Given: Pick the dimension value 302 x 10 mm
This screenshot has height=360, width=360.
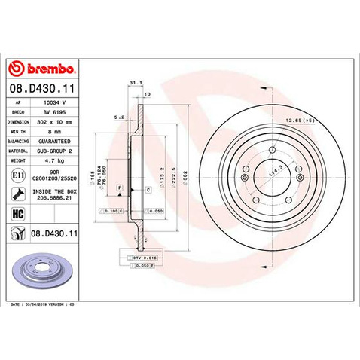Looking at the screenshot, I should point(59,120).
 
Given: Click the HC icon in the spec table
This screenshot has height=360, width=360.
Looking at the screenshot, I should point(17,215).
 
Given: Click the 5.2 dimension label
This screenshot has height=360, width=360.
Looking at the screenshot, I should point(119,117).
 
